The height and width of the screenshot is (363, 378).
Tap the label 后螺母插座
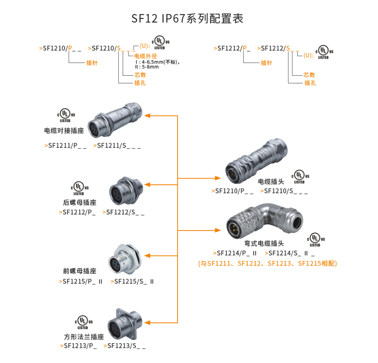pyautogui.click(x=80, y=202)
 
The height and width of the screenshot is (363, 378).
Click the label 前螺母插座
pyautogui.click(x=80, y=271)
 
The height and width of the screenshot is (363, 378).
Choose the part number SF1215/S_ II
pyautogui.click(x=133, y=282)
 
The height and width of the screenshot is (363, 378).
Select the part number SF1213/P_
pyautogui.click(x=79, y=346)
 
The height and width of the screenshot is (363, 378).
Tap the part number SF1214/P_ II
pyautogui.click(x=236, y=253)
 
